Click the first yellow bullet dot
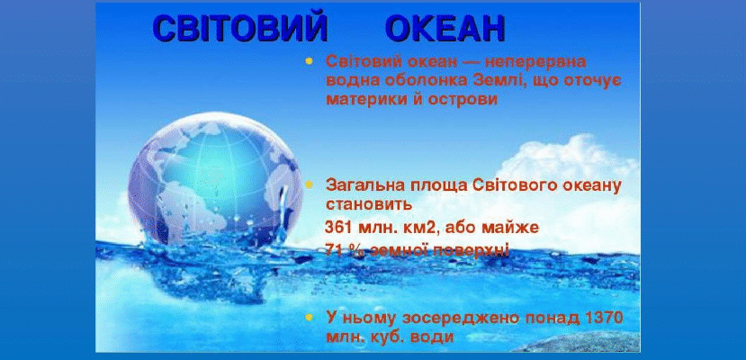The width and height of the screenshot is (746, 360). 310,62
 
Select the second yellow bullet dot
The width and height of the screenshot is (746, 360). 310,184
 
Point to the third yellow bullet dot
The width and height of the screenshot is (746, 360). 310,318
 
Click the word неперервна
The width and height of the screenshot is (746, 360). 540,62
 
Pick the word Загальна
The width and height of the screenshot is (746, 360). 361,185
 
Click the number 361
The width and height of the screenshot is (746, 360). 339,227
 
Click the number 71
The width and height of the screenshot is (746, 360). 334,248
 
